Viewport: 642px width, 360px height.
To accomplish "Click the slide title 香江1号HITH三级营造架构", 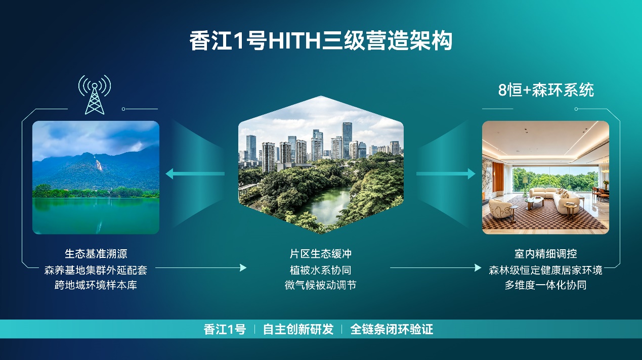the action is pyautogui.click(x=321, y=41).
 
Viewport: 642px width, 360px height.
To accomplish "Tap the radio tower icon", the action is pyautogui.click(x=95, y=95).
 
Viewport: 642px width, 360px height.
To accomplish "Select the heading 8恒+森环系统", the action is pyautogui.click(x=546, y=90).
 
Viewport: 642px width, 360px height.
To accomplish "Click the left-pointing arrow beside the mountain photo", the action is pyautogui.click(x=195, y=173).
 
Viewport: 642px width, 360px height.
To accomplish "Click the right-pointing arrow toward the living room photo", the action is pyautogui.click(x=446, y=173).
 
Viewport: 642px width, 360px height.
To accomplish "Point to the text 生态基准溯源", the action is pyautogui.click(x=96, y=254).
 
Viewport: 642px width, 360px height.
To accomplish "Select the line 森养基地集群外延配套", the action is pyautogui.click(x=96, y=270).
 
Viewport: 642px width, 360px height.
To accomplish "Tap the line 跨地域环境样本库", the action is pyautogui.click(x=96, y=285).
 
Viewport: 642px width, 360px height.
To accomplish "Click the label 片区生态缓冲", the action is pyautogui.click(x=320, y=254).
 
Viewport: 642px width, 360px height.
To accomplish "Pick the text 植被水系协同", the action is pyautogui.click(x=320, y=270).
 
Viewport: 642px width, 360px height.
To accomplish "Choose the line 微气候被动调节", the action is pyautogui.click(x=320, y=285).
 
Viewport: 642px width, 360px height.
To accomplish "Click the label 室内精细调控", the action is pyautogui.click(x=545, y=254).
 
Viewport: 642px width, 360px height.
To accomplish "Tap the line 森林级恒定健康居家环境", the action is pyautogui.click(x=545, y=270).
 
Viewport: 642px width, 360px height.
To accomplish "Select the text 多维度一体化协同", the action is pyautogui.click(x=545, y=285).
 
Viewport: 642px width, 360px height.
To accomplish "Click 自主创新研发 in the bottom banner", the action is pyautogui.click(x=298, y=329).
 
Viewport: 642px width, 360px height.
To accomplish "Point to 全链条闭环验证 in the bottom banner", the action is pyautogui.click(x=392, y=329).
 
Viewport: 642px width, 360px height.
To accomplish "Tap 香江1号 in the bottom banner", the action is pyautogui.click(x=225, y=329).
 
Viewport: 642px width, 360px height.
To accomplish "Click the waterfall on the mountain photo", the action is pyautogui.click(x=98, y=163).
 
